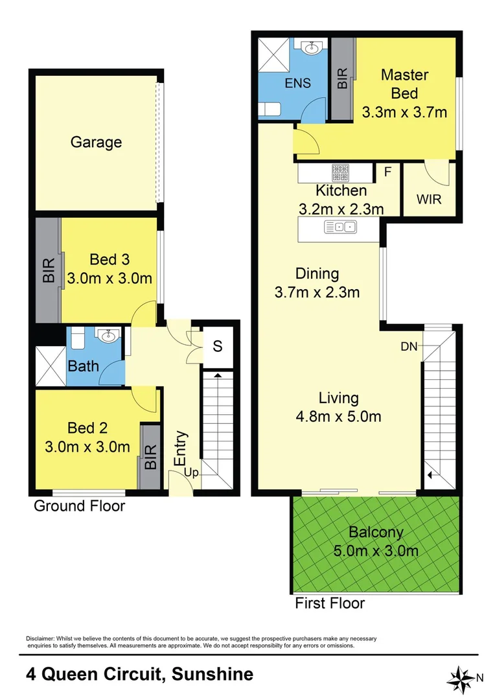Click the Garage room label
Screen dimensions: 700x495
(x=96, y=142)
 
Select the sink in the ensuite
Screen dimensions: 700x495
(x=310, y=49)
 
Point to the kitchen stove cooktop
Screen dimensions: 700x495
(x=341, y=172)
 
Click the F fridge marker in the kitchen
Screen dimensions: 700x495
(x=387, y=172)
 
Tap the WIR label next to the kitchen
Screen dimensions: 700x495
(x=428, y=199)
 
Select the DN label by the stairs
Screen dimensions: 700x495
(x=409, y=347)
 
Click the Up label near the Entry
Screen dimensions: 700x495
(x=191, y=473)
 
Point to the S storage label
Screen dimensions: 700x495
(x=218, y=346)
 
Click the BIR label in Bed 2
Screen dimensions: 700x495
(x=151, y=458)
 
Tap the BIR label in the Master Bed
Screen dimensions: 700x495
(x=343, y=78)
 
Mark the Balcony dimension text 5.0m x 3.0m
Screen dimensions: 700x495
(x=376, y=552)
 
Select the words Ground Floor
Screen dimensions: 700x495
(x=79, y=506)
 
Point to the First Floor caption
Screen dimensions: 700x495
(x=330, y=603)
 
